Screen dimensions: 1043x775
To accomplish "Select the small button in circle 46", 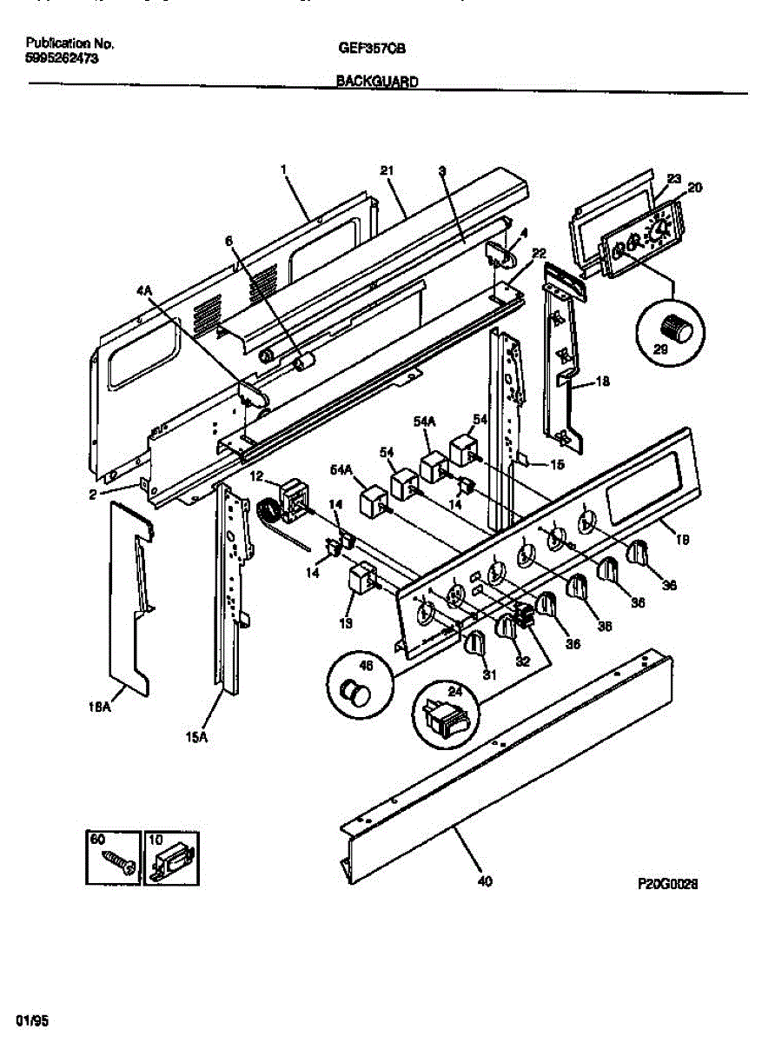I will (x=354, y=692).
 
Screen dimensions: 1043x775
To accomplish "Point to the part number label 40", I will (x=485, y=882).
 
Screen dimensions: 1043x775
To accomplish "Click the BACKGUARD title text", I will (x=377, y=82).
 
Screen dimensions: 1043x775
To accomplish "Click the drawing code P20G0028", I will (x=669, y=883).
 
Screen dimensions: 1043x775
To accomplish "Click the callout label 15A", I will (x=196, y=739).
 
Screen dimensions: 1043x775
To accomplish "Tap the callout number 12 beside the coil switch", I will (x=257, y=475).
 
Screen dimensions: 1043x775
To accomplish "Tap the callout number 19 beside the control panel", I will (x=684, y=540).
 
